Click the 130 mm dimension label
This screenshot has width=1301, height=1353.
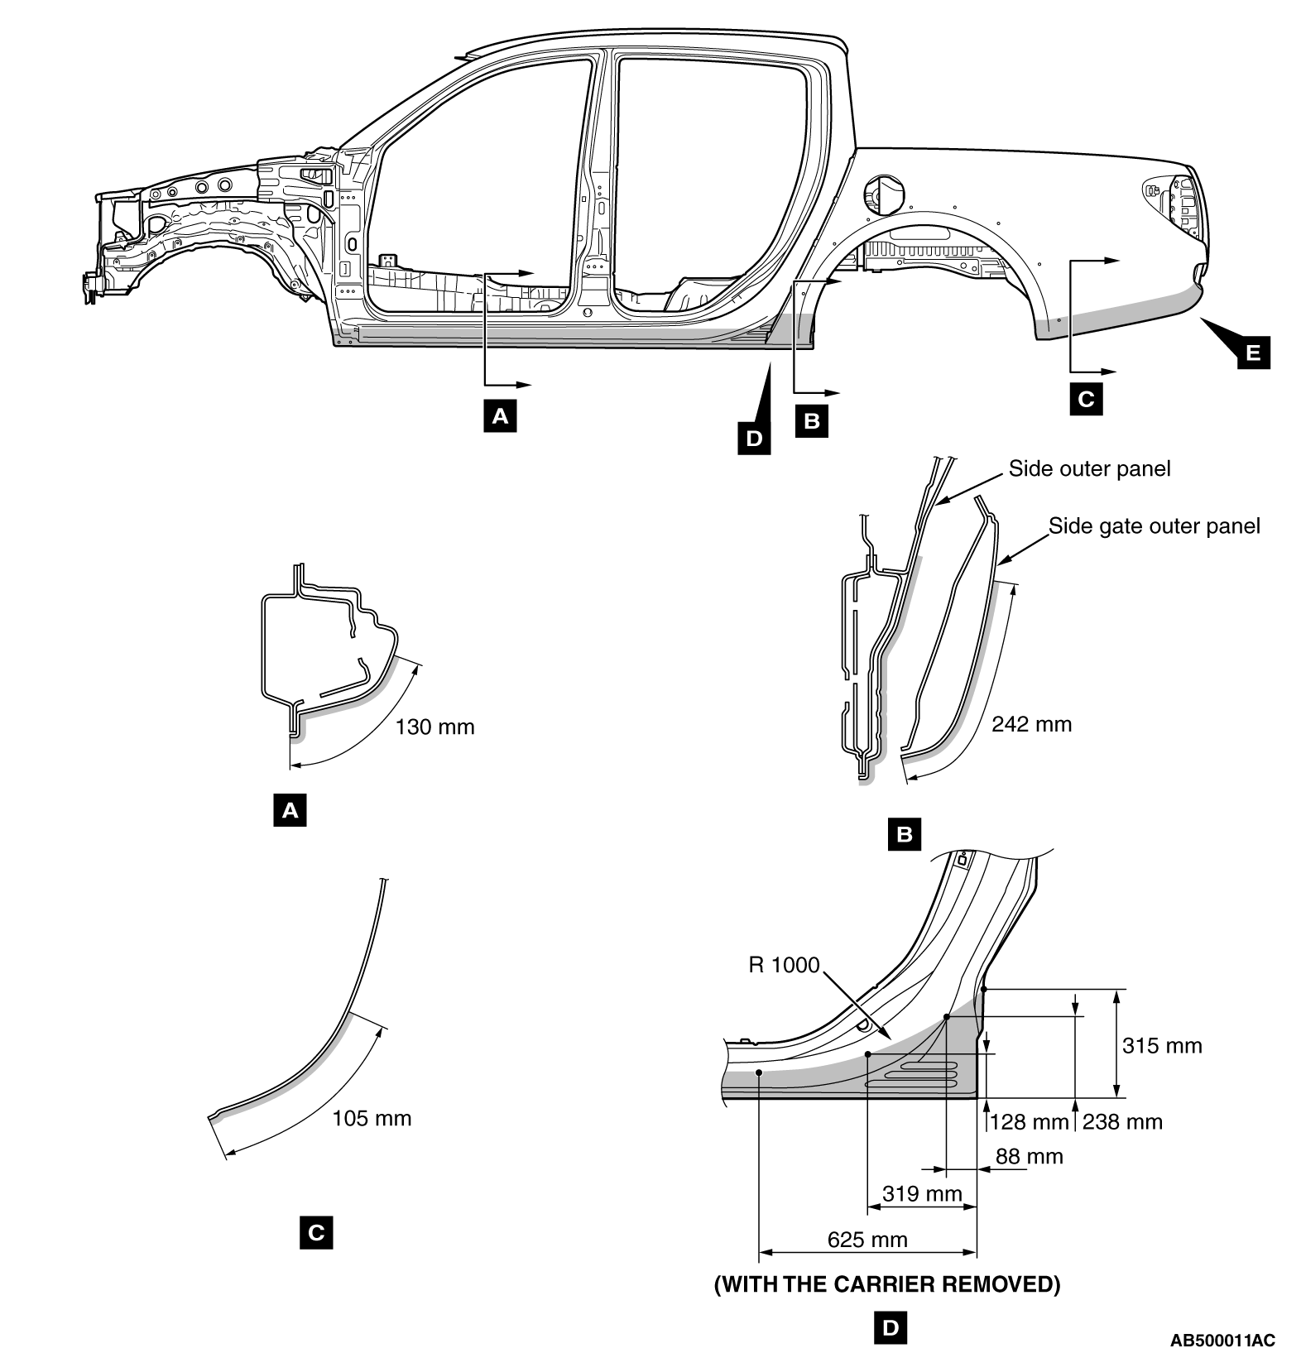click(x=434, y=727)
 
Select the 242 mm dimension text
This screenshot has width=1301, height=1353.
click(x=1030, y=724)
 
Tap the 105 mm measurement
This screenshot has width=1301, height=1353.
click(x=372, y=1119)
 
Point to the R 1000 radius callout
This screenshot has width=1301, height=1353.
click(x=783, y=965)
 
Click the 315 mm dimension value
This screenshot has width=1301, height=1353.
click(x=1161, y=1045)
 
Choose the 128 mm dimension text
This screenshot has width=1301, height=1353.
click(x=1029, y=1122)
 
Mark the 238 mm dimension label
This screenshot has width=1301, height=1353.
click(x=1122, y=1122)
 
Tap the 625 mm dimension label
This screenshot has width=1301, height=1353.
click(x=867, y=1240)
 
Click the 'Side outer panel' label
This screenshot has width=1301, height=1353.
click(x=1089, y=469)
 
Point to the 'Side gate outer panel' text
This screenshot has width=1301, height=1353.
click(x=1154, y=525)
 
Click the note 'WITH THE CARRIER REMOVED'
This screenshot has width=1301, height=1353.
click(x=886, y=1284)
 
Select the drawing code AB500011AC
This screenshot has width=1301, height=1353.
click(x=1222, y=1340)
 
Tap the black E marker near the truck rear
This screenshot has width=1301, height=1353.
click(x=1253, y=353)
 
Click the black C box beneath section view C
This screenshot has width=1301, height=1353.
click(x=316, y=1233)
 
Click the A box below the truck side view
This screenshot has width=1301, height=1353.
click(x=500, y=416)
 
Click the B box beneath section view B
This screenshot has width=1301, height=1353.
click(x=904, y=834)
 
